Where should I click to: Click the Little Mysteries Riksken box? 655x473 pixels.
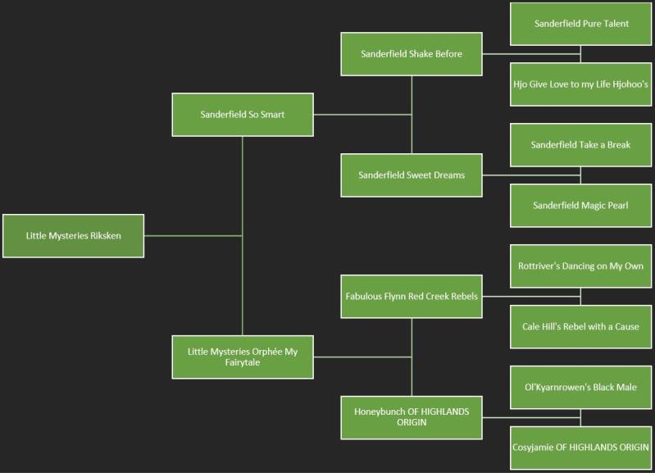point(73,235)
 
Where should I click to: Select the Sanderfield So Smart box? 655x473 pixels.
point(243,115)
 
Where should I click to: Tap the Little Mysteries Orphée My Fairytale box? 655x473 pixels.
point(243,357)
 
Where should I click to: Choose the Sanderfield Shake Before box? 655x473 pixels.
point(412,54)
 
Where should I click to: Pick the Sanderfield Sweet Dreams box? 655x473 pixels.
point(412,175)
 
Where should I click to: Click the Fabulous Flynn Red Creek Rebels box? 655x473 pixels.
point(412,296)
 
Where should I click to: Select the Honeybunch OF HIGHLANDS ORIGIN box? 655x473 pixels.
point(412,416)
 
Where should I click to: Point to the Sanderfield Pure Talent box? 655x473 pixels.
point(581,24)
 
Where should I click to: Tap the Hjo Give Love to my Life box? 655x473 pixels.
point(581,84)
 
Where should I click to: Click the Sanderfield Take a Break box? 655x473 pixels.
point(581,145)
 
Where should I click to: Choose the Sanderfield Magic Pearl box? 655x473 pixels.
point(581,205)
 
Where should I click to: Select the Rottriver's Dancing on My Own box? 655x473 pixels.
point(581,266)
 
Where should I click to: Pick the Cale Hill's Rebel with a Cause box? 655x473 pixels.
point(581,326)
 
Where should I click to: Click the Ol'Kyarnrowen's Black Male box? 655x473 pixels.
point(581,387)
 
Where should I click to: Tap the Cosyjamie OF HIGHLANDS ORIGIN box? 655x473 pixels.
point(581,447)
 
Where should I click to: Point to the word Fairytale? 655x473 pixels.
point(242,362)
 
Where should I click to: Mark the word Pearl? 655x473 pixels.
point(616,205)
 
